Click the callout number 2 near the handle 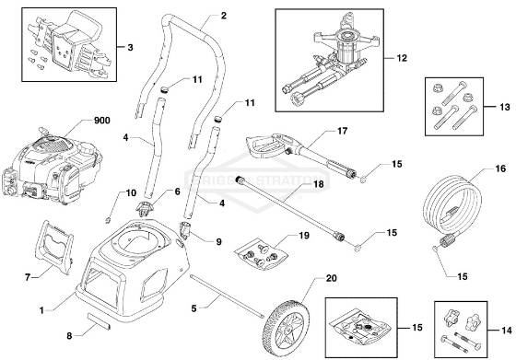click(223, 17)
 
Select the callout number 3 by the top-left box click(130, 45)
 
